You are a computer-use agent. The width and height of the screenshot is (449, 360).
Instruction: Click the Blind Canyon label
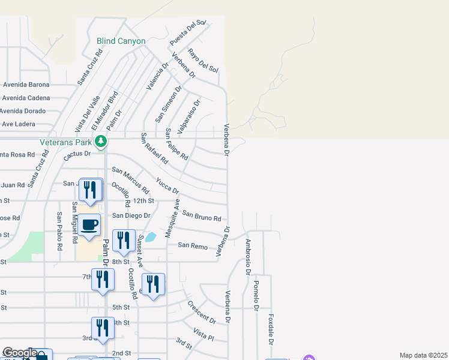coord(121,41)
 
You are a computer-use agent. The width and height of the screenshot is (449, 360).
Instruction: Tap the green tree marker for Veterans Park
coord(101,142)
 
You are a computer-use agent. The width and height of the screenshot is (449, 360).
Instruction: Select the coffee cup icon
coord(89,225)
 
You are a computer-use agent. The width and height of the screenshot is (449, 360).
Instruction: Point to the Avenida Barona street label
coord(26,85)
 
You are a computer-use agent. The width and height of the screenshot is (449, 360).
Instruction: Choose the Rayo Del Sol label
coord(203,61)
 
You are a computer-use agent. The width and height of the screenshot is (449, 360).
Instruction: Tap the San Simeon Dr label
coord(168,104)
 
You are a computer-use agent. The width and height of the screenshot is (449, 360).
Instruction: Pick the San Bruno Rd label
coord(202,215)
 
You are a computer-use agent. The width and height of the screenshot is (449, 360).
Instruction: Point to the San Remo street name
coord(193,246)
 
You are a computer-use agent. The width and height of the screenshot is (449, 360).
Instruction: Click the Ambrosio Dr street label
coord(247,257)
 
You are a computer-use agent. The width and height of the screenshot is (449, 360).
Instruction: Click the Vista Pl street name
coord(203,334)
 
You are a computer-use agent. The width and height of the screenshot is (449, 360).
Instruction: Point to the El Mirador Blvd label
coord(104,111)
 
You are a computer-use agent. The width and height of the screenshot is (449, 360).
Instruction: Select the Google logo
coord(20,353)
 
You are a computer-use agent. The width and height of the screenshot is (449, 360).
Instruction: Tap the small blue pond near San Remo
coord(151,236)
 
